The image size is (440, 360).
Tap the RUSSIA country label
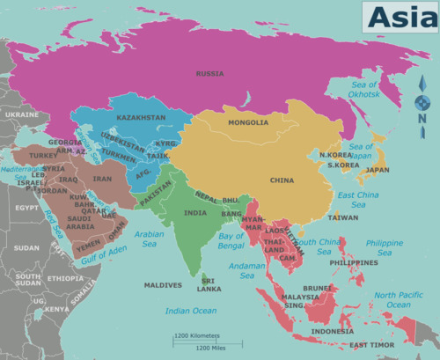click(x=209, y=74)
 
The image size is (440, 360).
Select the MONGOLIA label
click(x=248, y=122)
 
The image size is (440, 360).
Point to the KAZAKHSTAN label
click(x=141, y=117)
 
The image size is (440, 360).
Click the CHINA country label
click(x=282, y=180)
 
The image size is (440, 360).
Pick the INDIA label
click(x=195, y=213)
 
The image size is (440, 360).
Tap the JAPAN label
click(x=378, y=170)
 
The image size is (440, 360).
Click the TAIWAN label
click(x=343, y=217)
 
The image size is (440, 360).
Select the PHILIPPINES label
click(x=354, y=262)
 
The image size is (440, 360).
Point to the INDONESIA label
click(x=333, y=331)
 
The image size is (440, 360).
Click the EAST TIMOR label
click(x=370, y=345)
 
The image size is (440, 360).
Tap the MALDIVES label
click(x=163, y=285)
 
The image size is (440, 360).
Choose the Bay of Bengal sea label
click(x=231, y=240)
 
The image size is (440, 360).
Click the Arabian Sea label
click(x=150, y=239)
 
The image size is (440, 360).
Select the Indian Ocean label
click(x=191, y=311)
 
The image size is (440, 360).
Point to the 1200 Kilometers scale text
click(x=196, y=335)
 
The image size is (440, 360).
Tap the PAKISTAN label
click(x=156, y=199)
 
